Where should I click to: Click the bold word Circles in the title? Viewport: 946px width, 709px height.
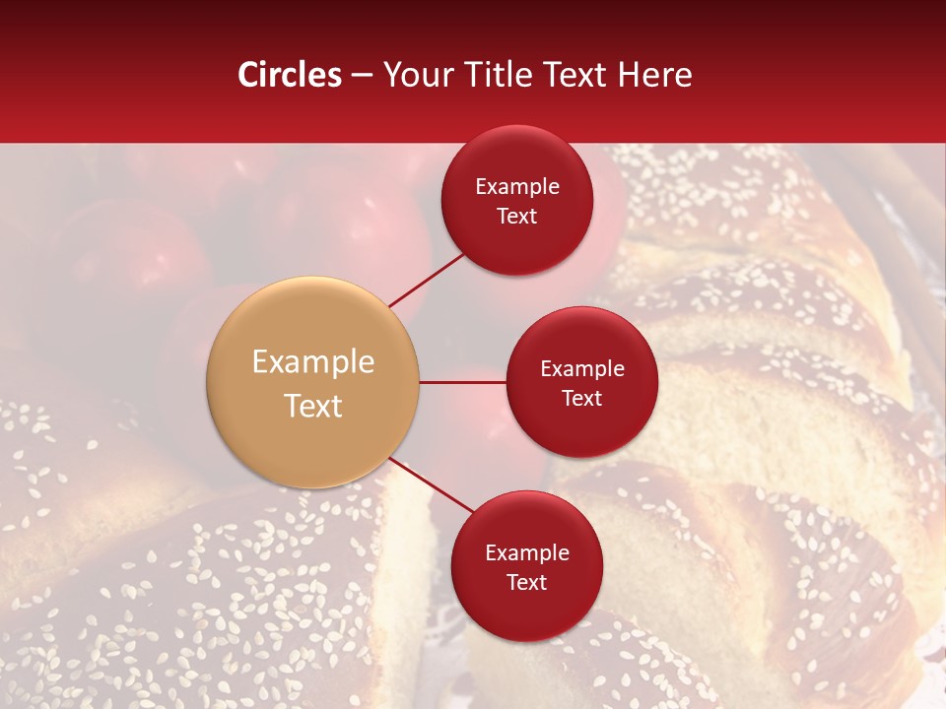pyautogui.click(x=289, y=75)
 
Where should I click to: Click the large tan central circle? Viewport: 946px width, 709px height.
pyautogui.click(x=312, y=382)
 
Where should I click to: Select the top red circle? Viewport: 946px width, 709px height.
pyautogui.click(x=516, y=201)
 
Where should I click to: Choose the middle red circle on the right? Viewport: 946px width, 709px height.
pyautogui.click(x=581, y=382)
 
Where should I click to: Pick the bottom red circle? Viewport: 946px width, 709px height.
pyautogui.click(x=526, y=566)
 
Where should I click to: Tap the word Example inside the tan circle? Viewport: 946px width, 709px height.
pyautogui.click(x=312, y=362)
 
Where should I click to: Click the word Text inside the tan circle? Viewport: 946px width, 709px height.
pyautogui.click(x=312, y=406)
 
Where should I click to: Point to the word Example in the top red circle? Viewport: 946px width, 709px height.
pyautogui.click(x=516, y=187)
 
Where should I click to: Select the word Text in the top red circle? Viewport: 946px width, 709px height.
pyautogui.click(x=516, y=216)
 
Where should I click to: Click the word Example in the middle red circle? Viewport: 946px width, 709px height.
pyautogui.click(x=581, y=369)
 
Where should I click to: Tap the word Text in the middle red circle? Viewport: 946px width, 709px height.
pyautogui.click(x=581, y=398)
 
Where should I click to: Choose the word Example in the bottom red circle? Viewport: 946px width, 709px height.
pyautogui.click(x=526, y=553)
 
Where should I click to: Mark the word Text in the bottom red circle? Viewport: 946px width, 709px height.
pyautogui.click(x=526, y=582)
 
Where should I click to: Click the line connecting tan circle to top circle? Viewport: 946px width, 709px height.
pyautogui.click(x=426, y=280)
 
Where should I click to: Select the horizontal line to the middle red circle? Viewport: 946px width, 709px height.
pyautogui.click(x=462, y=382)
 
